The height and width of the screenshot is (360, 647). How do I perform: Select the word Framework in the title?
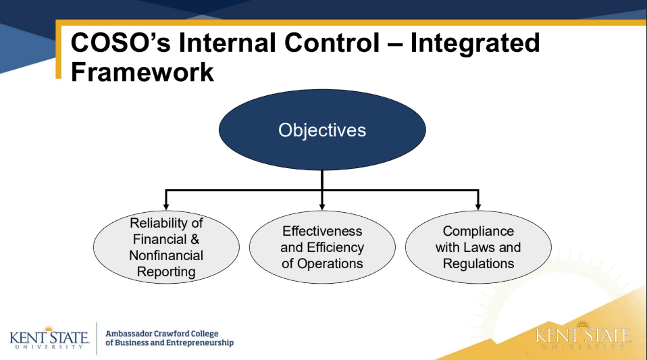point(143,71)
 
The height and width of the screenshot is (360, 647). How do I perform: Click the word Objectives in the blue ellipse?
point(322,130)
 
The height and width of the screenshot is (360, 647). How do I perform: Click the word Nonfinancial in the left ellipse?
point(166,255)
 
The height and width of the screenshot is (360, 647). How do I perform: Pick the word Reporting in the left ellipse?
point(166,272)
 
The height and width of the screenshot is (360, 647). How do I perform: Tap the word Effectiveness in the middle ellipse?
point(322,231)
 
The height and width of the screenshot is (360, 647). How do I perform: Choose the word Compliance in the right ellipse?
point(478,231)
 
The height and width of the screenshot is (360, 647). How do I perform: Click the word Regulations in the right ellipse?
point(478,263)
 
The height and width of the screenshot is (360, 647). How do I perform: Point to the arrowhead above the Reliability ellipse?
point(166,205)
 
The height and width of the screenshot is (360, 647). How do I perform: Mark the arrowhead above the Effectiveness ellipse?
point(322,205)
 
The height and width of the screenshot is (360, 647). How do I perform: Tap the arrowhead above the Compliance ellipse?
point(478,205)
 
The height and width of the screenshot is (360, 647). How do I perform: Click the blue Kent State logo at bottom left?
point(49,338)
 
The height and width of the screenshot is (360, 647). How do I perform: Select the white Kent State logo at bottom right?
point(584,337)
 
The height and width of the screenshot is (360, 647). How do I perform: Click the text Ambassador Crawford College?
point(162,333)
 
